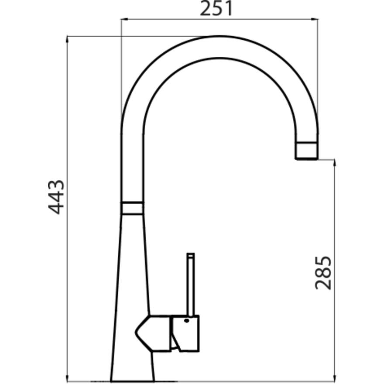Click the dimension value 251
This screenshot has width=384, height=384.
216,9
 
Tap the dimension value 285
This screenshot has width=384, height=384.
323,273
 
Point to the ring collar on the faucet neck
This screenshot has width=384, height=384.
132,208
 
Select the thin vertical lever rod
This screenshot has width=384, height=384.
190,286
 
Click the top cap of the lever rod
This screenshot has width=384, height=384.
190,254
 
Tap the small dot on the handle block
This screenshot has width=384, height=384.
186,321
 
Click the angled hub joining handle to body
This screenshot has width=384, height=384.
153,333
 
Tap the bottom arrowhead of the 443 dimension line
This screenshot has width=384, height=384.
67,378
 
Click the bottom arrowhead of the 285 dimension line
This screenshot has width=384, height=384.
334,378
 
